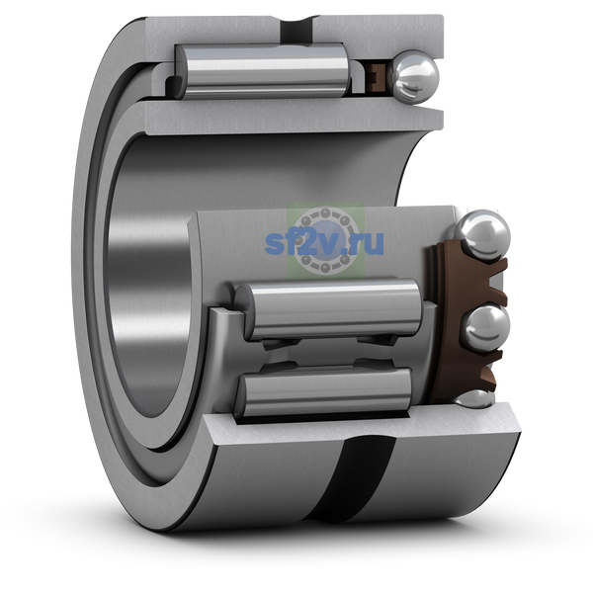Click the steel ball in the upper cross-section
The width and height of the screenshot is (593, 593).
tap(415, 77)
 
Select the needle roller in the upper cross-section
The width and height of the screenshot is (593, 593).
tap(262, 71)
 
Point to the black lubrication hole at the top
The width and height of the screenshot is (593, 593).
tap(297, 30)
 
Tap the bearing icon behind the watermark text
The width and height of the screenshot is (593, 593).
tap(325, 240)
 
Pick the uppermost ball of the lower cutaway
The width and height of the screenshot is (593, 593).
tap(482, 235)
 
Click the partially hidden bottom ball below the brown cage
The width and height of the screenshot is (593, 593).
tap(473, 398)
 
